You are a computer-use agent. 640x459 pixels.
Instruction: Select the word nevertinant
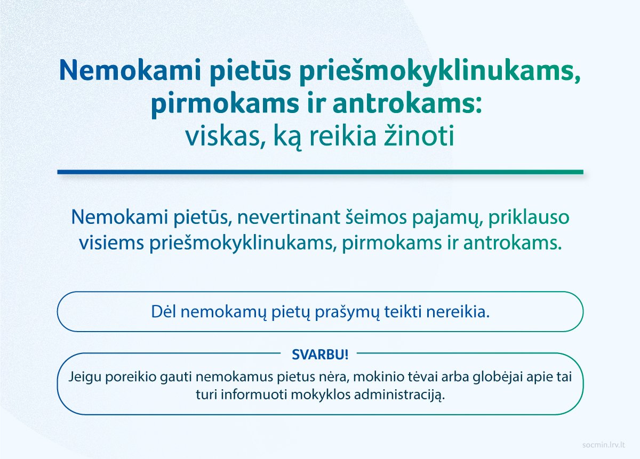point(289,217)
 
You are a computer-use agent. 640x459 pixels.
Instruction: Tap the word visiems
point(111,243)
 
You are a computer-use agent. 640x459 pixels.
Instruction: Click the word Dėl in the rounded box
point(163,312)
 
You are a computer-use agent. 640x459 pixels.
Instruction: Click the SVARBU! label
point(320,355)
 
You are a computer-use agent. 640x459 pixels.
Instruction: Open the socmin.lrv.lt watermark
point(603,445)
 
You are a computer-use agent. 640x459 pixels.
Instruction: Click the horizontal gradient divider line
point(320,172)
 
